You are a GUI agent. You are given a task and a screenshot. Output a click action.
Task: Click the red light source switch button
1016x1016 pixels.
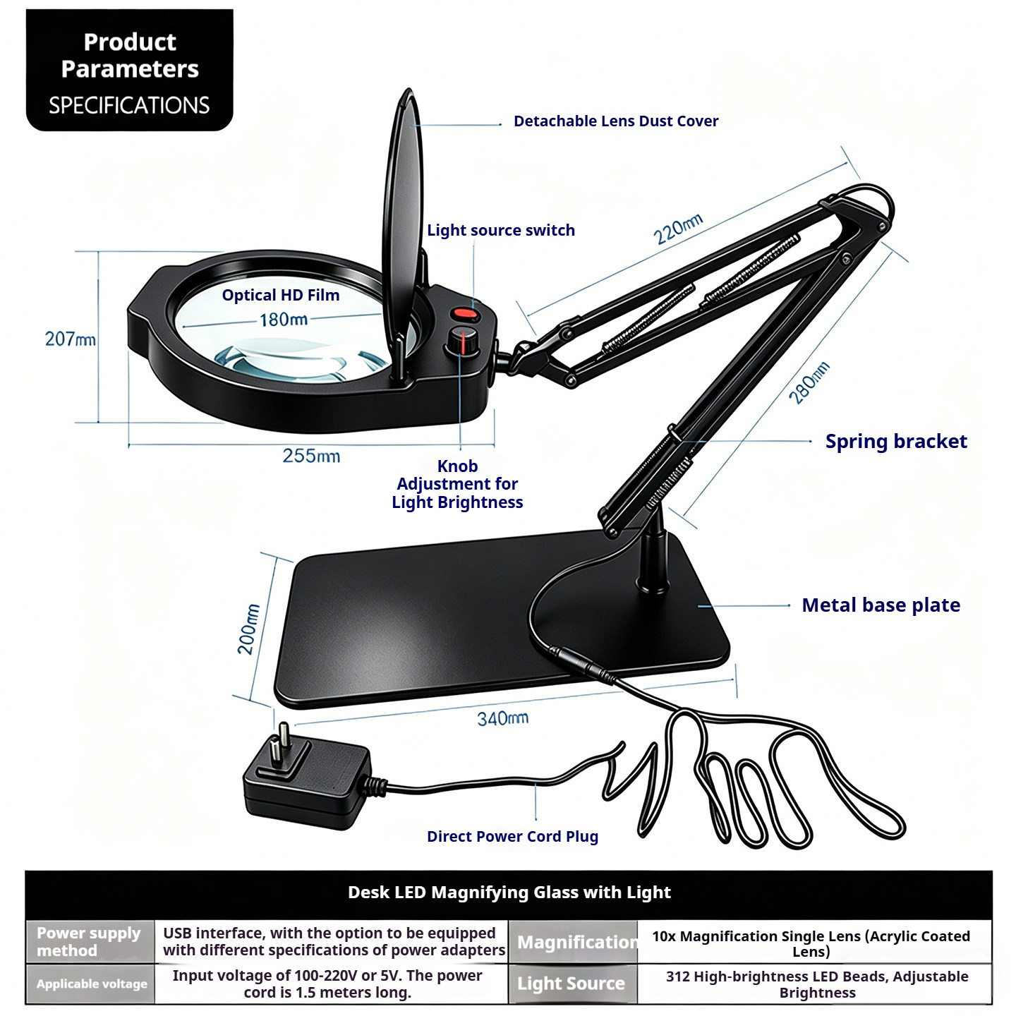pyautogui.click(x=464, y=315)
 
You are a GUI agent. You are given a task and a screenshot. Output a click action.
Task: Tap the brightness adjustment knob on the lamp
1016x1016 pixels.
pyautogui.click(x=463, y=341)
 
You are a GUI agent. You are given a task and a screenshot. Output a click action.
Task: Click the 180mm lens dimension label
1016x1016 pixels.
pyautogui.click(x=283, y=319)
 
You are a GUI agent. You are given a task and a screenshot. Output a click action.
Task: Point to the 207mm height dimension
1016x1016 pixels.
pyautogui.click(x=70, y=339)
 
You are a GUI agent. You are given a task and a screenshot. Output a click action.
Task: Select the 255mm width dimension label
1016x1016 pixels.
pyautogui.click(x=311, y=456)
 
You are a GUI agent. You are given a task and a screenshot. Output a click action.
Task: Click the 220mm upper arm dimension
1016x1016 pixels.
pyautogui.click(x=678, y=229)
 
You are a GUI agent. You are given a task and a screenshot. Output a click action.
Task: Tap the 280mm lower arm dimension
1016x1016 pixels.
pyautogui.click(x=809, y=383)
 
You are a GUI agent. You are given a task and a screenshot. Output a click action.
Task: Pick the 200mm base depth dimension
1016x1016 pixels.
pyautogui.click(x=249, y=629)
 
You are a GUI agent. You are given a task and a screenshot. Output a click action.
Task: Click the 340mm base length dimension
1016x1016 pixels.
pyautogui.click(x=502, y=718)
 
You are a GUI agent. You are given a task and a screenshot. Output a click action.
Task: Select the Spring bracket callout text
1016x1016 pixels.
pyautogui.click(x=896, y=441)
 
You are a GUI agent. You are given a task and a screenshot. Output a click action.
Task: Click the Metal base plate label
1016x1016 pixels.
pyautogui.click(x=881, y=605)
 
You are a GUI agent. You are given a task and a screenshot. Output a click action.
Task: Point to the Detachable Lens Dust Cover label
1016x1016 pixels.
pyautogui.click(x=616, y=121)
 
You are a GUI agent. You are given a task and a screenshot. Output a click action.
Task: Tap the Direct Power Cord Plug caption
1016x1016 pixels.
pyautogui.click(x=512, y=836)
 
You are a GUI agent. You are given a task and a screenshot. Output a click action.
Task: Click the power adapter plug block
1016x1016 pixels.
pyautogui.click(x=308, y=778)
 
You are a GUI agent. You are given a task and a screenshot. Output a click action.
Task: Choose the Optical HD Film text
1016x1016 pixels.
pyautogui.click(x=281, y=295)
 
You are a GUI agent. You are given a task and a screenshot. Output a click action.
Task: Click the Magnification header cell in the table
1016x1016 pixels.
pyautogui.click(x=573, y=942)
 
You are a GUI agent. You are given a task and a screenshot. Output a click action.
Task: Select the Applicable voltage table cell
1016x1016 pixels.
pyautogui.click(x=90, y=984)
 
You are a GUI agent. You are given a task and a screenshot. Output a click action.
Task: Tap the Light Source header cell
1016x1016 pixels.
pyautogui.click(x=573, y=984)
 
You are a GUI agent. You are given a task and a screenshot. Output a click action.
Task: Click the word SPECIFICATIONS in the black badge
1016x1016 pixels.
pyautogui.click(x=129, y=105)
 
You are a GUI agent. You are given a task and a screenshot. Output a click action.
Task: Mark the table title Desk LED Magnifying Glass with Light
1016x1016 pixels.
pyautogui.click(x=509, y=892)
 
